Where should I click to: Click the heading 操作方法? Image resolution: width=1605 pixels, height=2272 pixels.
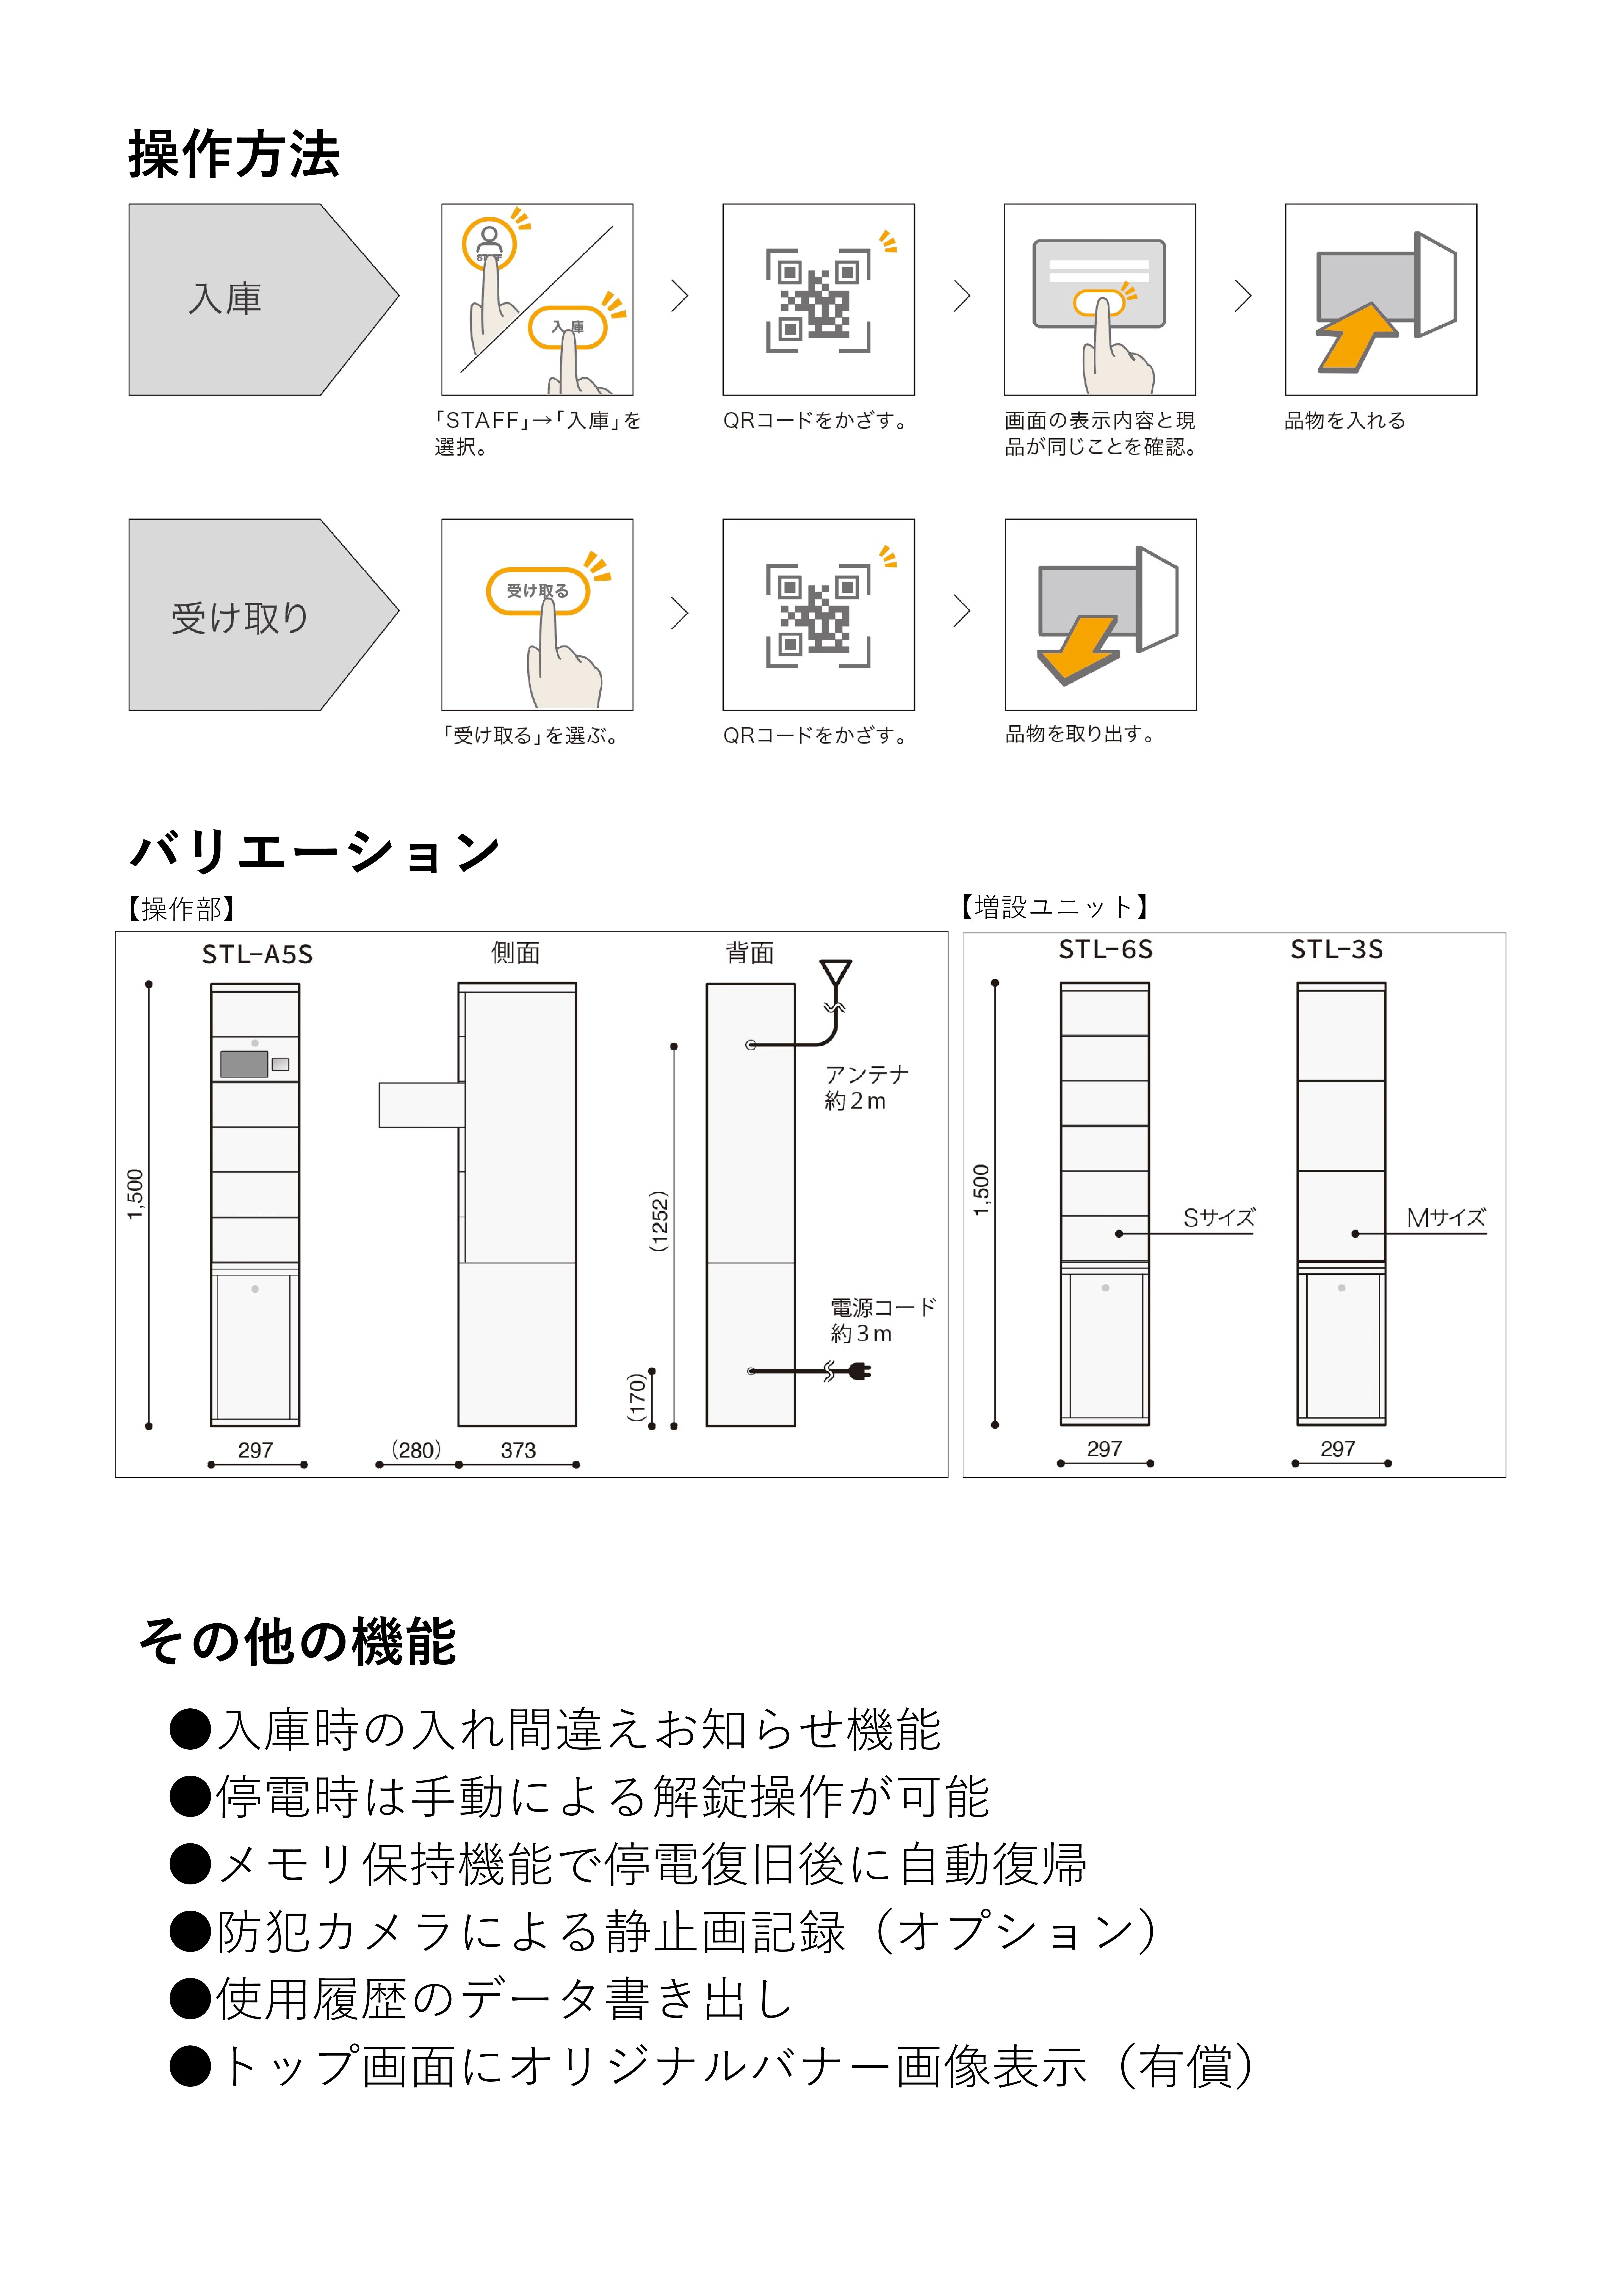click(234, 155)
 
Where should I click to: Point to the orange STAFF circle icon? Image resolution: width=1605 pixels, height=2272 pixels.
click(489, 242)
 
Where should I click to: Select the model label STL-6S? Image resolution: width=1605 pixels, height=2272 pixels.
click(1105, 950)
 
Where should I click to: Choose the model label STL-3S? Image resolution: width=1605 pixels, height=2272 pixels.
click(1337, 950)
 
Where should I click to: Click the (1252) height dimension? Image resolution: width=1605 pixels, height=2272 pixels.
click(659, 1221)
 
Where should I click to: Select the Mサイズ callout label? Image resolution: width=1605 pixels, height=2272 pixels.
click(1446, 1218)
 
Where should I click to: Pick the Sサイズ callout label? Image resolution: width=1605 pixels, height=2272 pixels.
click(1219, 1218)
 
